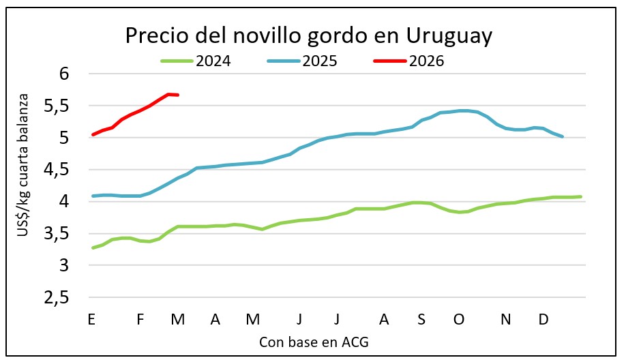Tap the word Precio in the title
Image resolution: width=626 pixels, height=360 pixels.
[155, 36]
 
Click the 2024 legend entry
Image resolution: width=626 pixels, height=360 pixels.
[213, 61]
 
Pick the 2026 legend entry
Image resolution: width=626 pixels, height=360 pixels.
[426, 61]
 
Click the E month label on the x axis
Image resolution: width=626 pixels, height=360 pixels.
[91, 319]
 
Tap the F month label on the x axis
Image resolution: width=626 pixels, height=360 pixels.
[140, 319]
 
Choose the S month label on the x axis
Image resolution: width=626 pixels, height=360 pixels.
[421, 319]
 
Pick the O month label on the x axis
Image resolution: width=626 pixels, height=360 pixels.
[459, 319]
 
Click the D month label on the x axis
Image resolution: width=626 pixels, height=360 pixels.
[544, 319]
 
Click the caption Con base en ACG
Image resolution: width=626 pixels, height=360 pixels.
[314, 342]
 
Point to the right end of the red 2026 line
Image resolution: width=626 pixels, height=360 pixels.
[178, 95]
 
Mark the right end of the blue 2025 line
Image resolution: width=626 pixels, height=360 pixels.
[562, 136]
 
